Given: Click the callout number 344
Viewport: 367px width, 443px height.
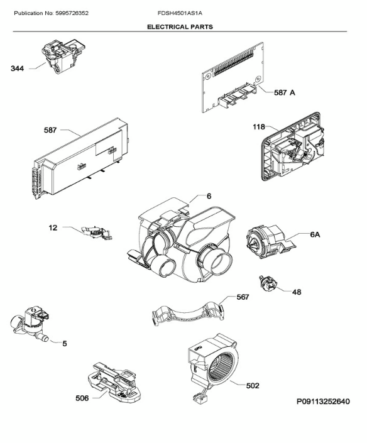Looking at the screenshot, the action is point(17,68).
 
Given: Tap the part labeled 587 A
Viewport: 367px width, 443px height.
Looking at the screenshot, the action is point(233,77).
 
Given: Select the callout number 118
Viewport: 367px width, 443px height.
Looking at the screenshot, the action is point(259,127).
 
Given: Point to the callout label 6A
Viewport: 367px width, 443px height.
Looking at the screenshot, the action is point(315,234).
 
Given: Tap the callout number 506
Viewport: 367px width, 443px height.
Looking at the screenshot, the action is point(82,398).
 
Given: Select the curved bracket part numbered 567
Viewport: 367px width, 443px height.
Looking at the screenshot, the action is point(188,314).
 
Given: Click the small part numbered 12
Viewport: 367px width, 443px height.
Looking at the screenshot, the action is point(97,232).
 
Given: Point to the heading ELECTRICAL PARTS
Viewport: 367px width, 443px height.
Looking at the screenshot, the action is point(180,27).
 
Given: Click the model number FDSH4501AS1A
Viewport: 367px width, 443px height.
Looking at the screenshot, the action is point(180,13).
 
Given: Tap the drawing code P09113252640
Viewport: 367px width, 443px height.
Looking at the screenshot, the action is point(323,401).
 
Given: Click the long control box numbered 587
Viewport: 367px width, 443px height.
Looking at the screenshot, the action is point(80,158).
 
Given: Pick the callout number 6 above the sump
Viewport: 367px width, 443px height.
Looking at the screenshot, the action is point(209,196).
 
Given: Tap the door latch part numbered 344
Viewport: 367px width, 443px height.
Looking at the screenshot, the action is point(63,56).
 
